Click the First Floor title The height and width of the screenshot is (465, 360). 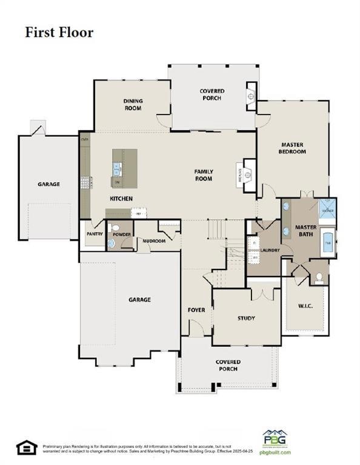(59, 32)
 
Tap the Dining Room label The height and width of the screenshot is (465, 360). (133, 105)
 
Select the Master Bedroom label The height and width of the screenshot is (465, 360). (293, 148)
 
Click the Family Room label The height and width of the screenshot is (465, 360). (204, 175)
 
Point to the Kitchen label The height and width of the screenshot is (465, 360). (121, 199)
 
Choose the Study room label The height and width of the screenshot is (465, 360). (246, 318)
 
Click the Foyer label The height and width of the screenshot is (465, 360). (196, 310)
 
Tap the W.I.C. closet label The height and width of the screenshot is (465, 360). (305, 306)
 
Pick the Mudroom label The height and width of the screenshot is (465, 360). (155, 240)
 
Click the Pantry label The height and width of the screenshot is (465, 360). (94, 233)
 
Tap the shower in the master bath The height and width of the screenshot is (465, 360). (327, 209)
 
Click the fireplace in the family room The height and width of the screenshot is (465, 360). (248, 175)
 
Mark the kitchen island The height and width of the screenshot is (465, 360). (124, 168)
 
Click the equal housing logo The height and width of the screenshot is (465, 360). (27, 447)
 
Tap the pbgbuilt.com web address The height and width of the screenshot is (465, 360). (275, 452)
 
